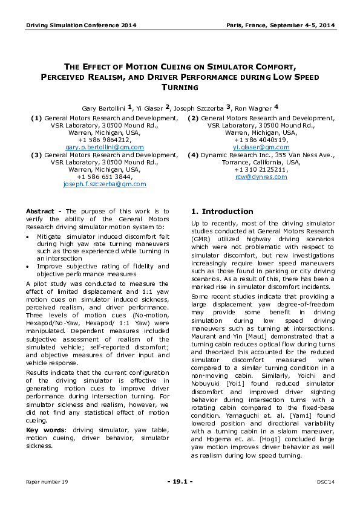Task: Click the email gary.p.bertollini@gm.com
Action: (104, 147)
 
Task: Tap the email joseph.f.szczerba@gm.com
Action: (104, 184)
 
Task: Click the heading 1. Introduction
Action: (222, 212)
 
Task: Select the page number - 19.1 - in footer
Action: (180, 482)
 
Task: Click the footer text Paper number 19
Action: (47, 482)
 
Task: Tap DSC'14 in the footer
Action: (326, 482)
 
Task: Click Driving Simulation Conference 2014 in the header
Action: (80, 25)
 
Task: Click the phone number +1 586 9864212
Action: (104, 140)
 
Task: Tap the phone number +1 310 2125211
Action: (261, 169)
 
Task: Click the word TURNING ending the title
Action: (180, 88)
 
